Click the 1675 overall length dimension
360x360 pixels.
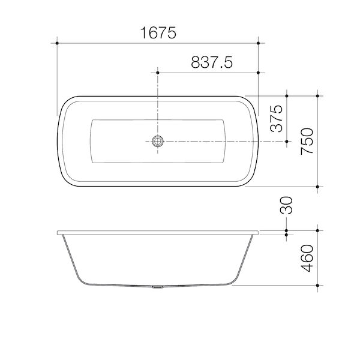[x=157, y=34]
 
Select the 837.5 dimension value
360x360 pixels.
[x=212, y=62]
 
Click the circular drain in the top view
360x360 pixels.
[x=158, y=141]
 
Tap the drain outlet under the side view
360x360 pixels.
[x=158, y=286]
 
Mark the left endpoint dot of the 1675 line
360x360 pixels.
[x=57, y=43]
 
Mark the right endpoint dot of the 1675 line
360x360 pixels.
[x=258, y=43]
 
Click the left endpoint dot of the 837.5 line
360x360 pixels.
[x=158, y=73]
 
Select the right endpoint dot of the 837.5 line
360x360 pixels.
[x=258, y=73]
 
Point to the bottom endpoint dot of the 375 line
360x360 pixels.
[x=287, y=141]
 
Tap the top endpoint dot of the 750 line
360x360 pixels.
[x=317, y=95]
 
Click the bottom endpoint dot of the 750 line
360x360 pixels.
[x=317, y=187]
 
